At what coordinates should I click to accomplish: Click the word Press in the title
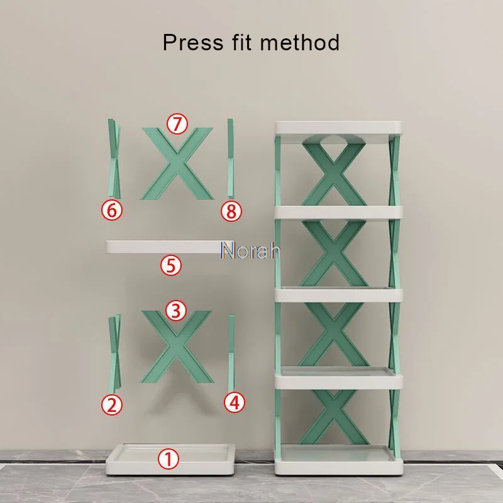pos(193,42)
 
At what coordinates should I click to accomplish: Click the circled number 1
pos(169,459)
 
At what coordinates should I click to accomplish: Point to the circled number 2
pos(112,405)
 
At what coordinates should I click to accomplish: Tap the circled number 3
pos(176,311)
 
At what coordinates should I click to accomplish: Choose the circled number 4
pos(235,402)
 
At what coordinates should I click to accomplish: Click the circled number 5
pos(171,265)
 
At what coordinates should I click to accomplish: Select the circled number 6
pos(112,211)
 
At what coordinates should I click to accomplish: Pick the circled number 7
pos(177,124)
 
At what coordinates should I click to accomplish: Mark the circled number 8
pos(231,211)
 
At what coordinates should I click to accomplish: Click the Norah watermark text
pos(251,250)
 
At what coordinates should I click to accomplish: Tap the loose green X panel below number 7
pos(177,163)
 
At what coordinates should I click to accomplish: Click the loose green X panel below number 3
pos(177,347)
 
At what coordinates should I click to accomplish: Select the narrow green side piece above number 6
pos(114,158)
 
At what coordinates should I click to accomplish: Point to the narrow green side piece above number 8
pos(231,158)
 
